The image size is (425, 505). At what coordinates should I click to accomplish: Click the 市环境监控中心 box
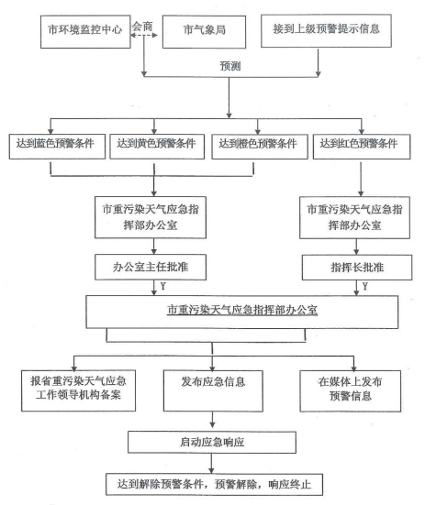[x=85, y=31]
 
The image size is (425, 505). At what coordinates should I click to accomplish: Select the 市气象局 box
[x=204, y=31]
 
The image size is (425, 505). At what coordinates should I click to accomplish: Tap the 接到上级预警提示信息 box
[x=326, y=30]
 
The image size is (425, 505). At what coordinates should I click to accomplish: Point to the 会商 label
[x=142, y=27]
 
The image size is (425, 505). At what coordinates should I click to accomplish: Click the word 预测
[x=230, y=66]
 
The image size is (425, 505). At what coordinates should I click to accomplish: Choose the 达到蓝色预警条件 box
[x=57, y=147]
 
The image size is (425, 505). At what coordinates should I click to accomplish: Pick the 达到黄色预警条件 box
[x=157, y=147]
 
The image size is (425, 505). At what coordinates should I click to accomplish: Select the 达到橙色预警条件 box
[x=260, y=147]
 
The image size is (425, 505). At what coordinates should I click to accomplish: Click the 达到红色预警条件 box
[x=362, y=147]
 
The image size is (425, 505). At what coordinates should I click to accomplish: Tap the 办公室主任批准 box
[x=151, y=267]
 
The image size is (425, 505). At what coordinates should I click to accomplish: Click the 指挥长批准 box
[x=357, y=268]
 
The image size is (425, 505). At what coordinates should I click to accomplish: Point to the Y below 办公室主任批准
[x=163, y=286]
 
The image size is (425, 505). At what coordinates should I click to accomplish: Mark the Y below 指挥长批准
[x=365, y=286]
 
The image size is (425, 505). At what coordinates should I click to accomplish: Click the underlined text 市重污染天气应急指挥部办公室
[x=242, y=310]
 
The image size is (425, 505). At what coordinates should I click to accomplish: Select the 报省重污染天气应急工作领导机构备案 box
[x=78, y=390]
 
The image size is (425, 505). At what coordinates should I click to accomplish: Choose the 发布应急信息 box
[x=213, y=390]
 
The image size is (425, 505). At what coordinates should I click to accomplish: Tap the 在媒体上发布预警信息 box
[x=351, y=391]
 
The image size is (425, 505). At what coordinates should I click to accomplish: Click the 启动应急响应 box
[x=212, y=442]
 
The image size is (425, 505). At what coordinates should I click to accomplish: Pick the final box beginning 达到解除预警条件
[x=214, y=484]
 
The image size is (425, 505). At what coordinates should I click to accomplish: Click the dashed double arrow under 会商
[x=144, y=35]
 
